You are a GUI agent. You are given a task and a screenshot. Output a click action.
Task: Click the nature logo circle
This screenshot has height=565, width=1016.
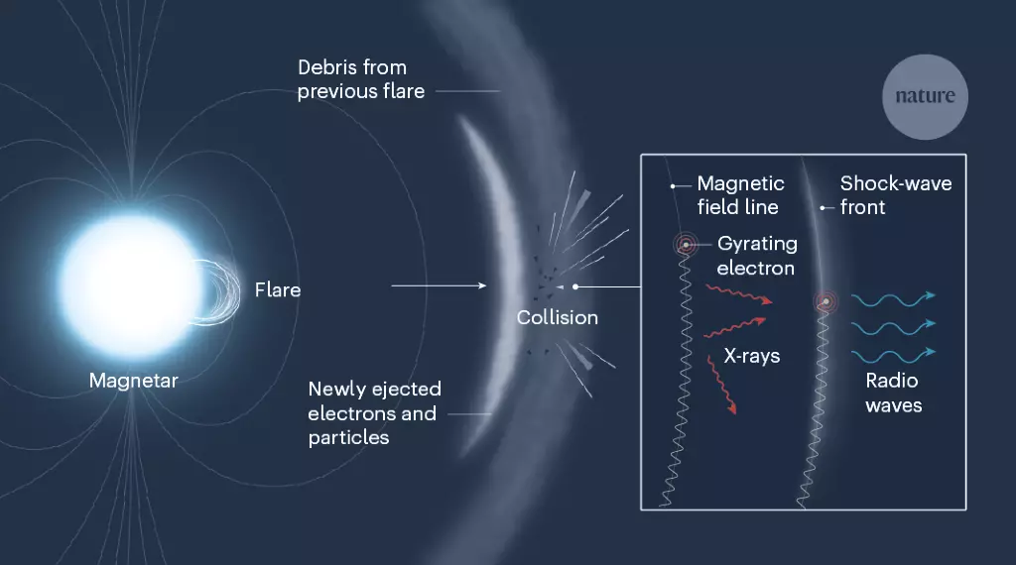[x=925, y=96]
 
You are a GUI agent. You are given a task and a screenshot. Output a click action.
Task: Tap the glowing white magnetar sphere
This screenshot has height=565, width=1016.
[x=132, y=285]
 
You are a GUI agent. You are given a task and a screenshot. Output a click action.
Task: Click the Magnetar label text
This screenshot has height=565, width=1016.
[x=134, y=381]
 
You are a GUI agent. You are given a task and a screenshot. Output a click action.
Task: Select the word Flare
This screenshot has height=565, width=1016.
[x=278, y=290]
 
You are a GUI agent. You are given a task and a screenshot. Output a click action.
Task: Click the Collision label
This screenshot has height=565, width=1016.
[x=558, y=318]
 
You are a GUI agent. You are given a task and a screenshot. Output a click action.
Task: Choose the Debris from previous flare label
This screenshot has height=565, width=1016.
[x=361, y=79]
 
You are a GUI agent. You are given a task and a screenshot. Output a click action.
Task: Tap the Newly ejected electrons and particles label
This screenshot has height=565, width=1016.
[x=374, y=413]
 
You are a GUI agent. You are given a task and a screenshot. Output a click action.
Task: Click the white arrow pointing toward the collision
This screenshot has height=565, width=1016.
[x=439, y=285]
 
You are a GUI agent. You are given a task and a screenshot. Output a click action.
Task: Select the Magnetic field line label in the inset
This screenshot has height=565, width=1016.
[x=740, y=195]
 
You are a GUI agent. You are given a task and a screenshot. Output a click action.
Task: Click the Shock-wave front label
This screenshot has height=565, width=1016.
[x=896, y=195]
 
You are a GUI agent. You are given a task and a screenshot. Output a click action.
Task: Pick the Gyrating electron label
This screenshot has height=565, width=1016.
[x=757, y=256]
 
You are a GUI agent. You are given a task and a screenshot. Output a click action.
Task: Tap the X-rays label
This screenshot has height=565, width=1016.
[x=752, y=356]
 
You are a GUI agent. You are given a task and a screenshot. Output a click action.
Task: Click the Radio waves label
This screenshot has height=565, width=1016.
[x=894, y=393]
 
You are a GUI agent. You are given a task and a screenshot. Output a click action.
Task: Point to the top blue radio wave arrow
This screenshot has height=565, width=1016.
[x=894, y=299]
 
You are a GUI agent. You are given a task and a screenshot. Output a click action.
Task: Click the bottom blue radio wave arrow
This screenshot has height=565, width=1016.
[x=894, y=356]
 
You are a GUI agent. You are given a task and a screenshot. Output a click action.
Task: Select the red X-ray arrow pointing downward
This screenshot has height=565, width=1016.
[x=722, y=385]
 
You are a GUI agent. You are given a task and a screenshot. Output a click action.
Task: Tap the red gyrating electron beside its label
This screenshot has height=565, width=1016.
[x=686, y=245]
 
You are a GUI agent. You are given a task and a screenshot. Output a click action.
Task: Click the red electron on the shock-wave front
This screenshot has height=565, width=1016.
[x=825, y=301]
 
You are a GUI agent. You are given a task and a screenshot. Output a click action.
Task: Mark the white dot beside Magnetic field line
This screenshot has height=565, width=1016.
[x=673, y=186]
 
